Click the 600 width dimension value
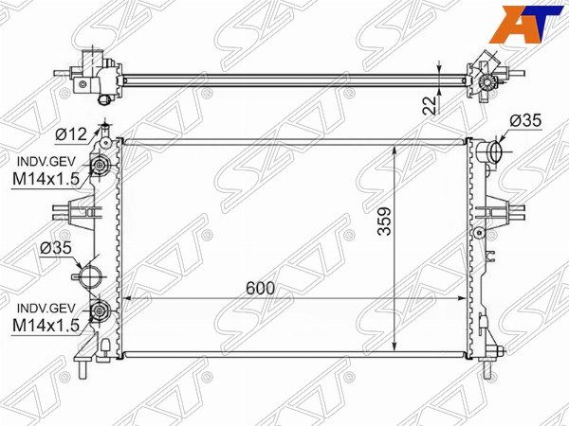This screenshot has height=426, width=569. pos(260,289)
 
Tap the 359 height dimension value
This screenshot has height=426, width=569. pos(385,222)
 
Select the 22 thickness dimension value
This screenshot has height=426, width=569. pos(430,106)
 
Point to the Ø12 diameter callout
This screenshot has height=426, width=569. pos(71,134)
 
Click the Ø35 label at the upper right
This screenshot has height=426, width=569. pos(525,120)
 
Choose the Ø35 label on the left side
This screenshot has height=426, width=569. pos(56,248)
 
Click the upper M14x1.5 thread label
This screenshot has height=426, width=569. pos(46,179)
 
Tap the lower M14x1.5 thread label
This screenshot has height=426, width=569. pos(46,326)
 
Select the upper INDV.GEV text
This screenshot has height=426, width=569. pos(46,161)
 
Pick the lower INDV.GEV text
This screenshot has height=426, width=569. pos(46,309)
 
